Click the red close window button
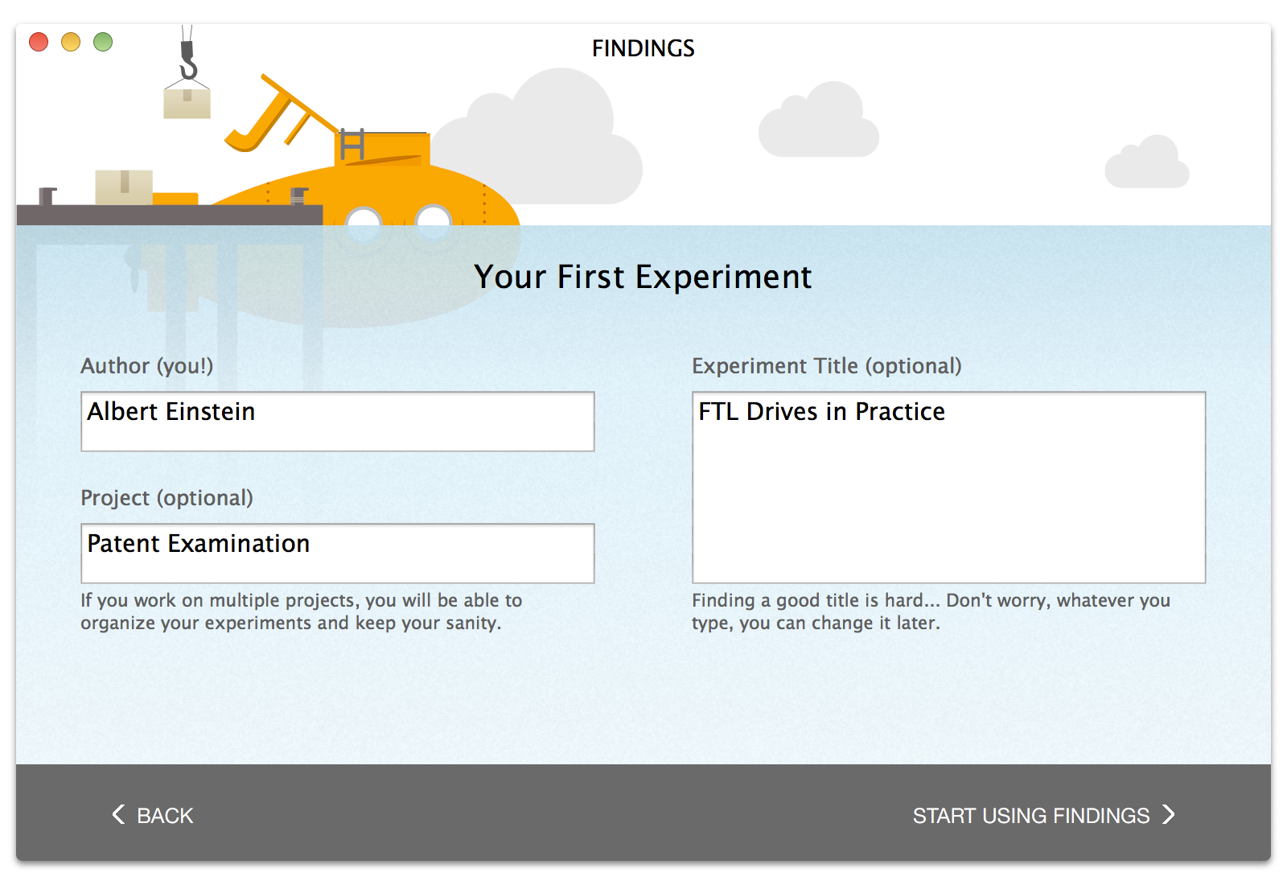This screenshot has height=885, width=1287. [39, 42]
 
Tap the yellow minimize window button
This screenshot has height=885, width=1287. [71, 42]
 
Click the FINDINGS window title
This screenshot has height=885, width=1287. [643, 49]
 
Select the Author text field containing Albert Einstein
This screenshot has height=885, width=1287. [337, 422]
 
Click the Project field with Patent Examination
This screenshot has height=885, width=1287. [337, 553]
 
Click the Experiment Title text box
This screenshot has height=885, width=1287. [948, 488]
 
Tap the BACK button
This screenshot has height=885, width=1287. [153, 815]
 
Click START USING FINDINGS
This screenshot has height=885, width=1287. [1043, 815]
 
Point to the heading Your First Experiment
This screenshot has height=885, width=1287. [643, 277]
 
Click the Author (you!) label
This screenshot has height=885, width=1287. [147, 366]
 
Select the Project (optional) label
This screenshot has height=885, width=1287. [167, 498]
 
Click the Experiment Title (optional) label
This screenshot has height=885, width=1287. [826, 366]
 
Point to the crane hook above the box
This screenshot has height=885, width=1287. [187, 60]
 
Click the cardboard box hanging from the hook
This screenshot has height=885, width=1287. [187, 102]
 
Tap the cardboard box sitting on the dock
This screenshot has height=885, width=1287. [124, 187]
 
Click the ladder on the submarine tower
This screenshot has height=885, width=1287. [352, 144]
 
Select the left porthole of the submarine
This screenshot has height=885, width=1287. [364, 221]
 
